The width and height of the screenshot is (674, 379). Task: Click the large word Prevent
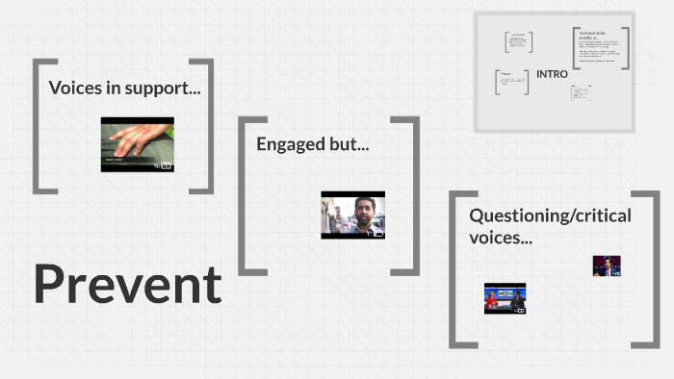(x=127, y=285)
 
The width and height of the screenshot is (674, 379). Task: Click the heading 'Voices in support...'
(x=124, y=88)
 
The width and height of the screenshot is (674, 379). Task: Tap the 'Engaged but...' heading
(x=312, y=144)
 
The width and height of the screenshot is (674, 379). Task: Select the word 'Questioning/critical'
(x=550, y=215)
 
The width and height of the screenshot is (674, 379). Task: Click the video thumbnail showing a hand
(x=138, y=144)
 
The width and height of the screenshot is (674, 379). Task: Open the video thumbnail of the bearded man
(x=352, y=214)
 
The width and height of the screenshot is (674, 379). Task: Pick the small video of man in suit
(x=606, y=265)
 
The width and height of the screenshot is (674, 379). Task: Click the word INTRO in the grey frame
(x=552, y=74)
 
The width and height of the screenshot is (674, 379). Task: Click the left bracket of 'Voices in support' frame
(x=38, y=126)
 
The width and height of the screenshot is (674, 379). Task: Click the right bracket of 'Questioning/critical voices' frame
(x=655, y=269)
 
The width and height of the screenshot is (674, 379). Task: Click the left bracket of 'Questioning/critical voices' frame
(x=455, y=269)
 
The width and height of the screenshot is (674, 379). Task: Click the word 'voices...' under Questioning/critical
(x=500, y=237)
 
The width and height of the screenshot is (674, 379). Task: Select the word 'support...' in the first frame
(x=168, y=88)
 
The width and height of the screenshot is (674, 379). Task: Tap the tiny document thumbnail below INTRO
(x=581, y=93)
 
